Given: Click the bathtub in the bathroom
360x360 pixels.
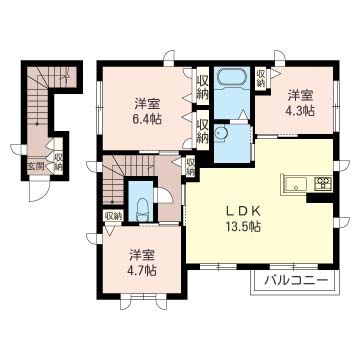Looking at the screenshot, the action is (x=232, y=77).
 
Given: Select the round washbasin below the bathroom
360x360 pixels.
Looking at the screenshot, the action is (x=220, y=134).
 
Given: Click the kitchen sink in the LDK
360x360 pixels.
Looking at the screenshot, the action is (x=295, y=184).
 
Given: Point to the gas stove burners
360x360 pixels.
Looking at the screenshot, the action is (x=323, y=184).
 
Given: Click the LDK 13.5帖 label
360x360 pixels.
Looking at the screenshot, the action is (x=242, y=219).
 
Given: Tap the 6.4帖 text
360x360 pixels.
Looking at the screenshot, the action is (x=147, y=119).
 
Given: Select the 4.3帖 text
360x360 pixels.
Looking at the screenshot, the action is (x=301, y=110).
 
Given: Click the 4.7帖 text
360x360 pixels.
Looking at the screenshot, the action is (x=142, y=270).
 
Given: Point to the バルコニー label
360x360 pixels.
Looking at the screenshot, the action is (x=295, y=281).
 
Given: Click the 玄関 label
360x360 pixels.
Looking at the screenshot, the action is (x=36, y=167).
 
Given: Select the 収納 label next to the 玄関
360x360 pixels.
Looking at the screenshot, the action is (x=58, y=161).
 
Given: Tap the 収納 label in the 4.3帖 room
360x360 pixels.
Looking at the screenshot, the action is (x=260, y=78).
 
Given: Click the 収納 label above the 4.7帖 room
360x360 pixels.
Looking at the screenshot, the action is (x=113, y=216).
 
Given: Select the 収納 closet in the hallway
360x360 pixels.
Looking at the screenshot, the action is (x=190, y=167).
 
